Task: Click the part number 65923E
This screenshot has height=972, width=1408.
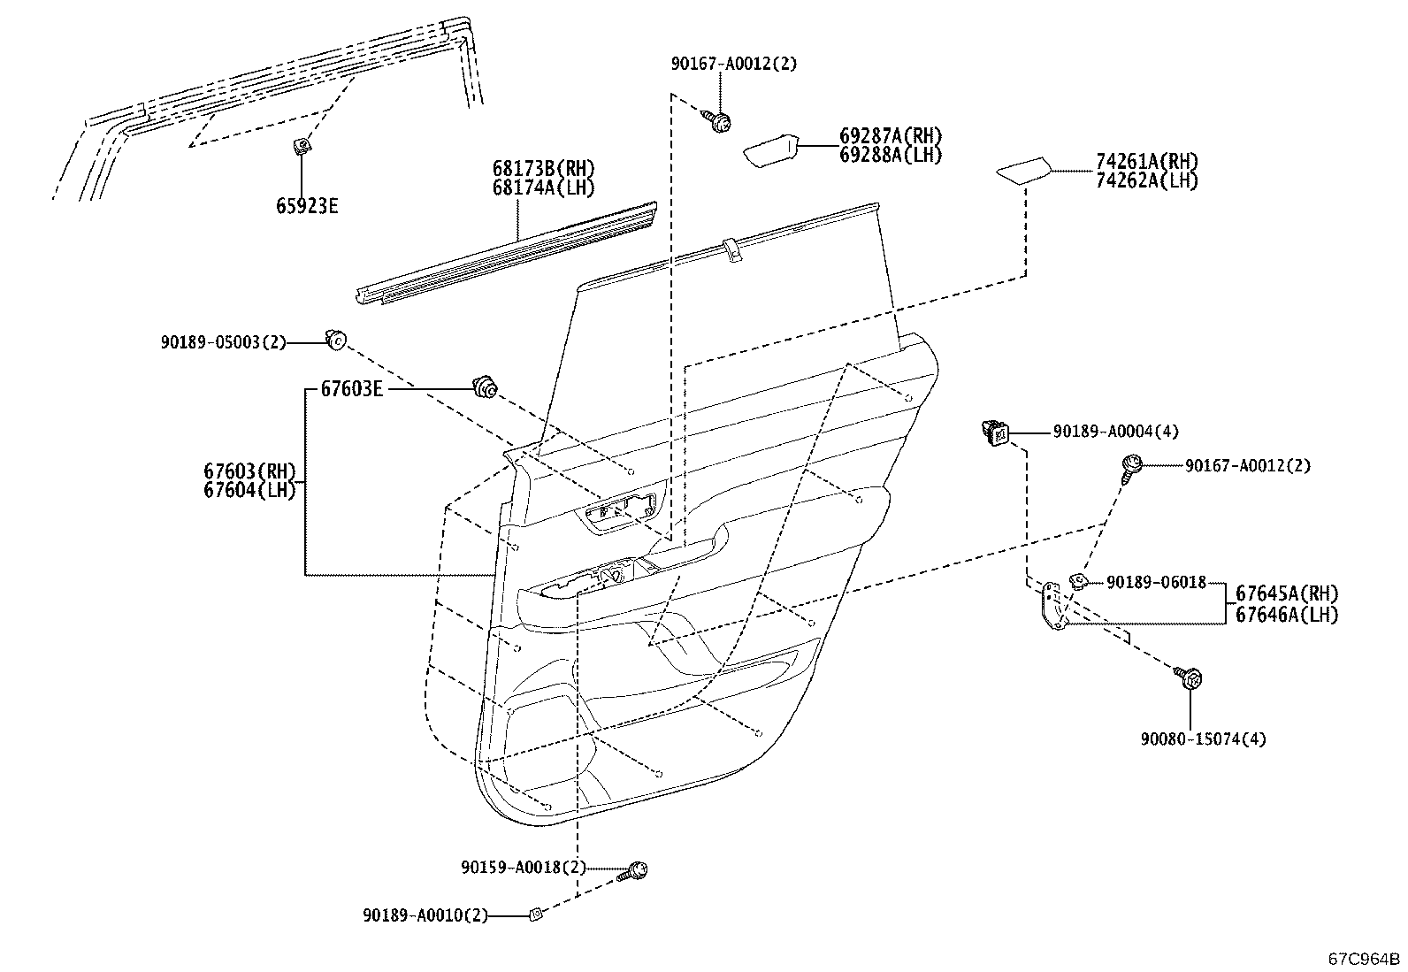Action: click(x=307, y=205)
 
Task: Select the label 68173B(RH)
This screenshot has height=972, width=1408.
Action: click(x=543, y=169)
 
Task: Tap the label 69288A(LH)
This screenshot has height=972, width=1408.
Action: click(x=891, y=156)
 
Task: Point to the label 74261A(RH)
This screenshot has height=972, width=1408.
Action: click(x=1147, y=161)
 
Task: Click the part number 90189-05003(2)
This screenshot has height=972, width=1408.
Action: click(x=223, y=342)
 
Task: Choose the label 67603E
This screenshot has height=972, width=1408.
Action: click(x=351, y=389)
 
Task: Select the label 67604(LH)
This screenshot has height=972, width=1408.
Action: click(x=249, y=490)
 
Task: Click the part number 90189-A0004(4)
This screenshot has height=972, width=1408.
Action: click(x=1116, y=432)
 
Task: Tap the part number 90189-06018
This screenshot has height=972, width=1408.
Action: click(x=1157, y=583)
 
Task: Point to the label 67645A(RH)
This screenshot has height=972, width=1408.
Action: click(x=1288, y=593)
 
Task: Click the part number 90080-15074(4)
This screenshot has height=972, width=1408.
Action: click(x=1203, y=739)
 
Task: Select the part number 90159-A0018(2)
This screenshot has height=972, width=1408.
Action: click(x=523, y=868)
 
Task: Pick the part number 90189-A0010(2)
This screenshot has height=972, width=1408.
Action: click(x=425, y=915)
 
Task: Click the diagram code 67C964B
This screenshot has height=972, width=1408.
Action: click(x=1364, y=959)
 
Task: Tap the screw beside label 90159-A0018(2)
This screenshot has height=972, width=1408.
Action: click(x=631, y=871)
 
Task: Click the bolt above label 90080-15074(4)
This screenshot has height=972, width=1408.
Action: click(x=1188, y=677)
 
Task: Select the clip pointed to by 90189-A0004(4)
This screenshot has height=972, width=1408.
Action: click(x=995, y=432)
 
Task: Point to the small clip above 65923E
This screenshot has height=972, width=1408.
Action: click(x=301, y=147)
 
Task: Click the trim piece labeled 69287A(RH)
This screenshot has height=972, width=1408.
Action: click(x=771, y=151)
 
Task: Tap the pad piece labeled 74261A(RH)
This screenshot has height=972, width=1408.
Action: click(x=1023, y=171)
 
